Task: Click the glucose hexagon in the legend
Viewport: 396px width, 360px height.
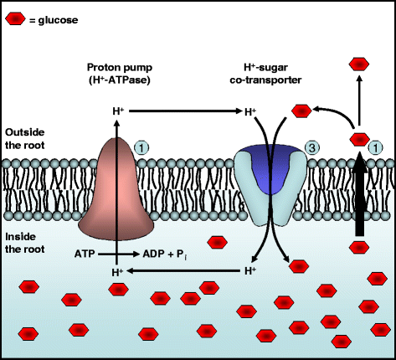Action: pos(16,16)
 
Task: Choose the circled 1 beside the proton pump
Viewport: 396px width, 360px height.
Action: pos(142,147)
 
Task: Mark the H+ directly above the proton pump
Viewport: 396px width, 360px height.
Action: pos(117,111)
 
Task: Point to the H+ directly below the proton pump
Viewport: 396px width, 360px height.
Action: pos(117,272)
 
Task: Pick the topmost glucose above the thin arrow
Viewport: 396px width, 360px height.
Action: pos(358,63)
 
